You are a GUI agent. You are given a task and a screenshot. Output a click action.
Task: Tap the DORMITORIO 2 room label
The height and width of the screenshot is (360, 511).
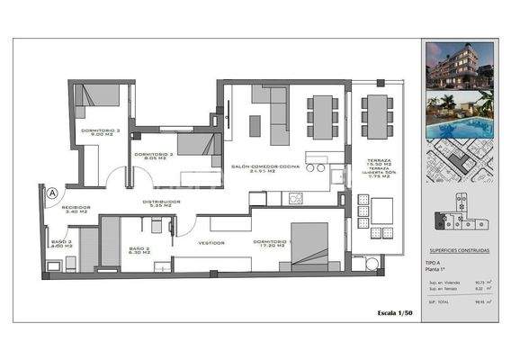[152, 155]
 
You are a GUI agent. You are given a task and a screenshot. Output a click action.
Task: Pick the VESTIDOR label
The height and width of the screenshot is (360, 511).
[211, 243]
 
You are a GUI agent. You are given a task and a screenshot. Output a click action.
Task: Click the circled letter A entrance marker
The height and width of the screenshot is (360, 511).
[52, 192]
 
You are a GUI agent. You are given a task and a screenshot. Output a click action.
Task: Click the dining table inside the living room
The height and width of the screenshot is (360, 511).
[320, 115]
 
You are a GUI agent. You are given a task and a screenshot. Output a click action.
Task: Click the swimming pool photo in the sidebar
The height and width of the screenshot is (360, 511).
[459, 117]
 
